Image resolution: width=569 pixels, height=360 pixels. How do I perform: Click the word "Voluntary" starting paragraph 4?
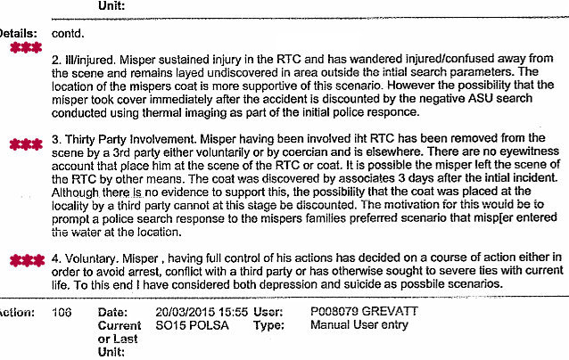click(94, 258)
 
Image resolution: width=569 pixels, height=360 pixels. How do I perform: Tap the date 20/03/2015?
click(183, 314)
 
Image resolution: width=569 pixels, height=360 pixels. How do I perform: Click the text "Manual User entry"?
click(359, 326)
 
